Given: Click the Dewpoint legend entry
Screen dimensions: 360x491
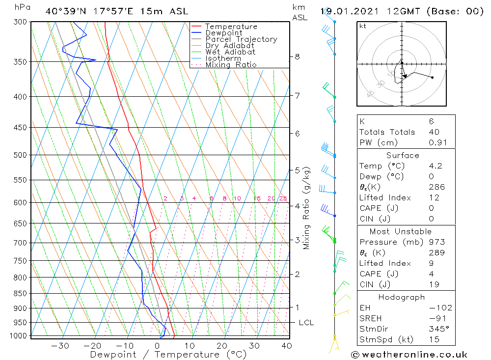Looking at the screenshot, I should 223,33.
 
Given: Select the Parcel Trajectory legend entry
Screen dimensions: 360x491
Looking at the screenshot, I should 241,39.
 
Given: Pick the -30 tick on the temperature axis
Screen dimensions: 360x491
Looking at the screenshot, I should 60,346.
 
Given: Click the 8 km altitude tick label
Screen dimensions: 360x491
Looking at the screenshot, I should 297,56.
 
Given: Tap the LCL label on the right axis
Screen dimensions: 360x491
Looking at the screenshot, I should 306,323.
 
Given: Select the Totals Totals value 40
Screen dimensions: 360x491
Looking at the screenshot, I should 434,132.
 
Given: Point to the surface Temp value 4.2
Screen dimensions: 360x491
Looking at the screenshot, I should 435,166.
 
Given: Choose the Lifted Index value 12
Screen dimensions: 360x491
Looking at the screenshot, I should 434,197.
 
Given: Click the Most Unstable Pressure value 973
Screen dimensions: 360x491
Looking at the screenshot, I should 436,242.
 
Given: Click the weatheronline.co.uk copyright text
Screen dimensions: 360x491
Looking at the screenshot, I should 409,355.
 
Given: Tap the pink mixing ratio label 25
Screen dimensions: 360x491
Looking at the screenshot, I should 283,198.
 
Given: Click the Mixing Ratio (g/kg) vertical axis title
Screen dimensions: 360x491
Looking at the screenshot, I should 307,208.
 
